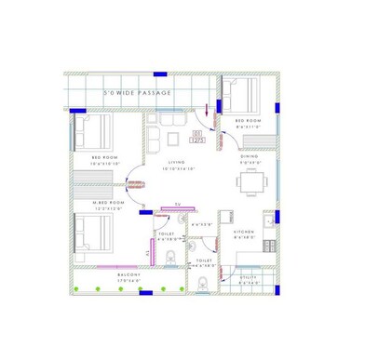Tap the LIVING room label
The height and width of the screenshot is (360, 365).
pos(178,162)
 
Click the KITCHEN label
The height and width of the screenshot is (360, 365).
pos(244,231)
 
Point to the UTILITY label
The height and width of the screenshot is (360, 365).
pos(249,277)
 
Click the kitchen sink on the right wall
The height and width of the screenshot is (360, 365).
pos(267,223)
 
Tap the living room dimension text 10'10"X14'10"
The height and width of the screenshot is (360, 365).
pos(178,168)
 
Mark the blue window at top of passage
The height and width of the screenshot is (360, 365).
pos(160,73)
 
